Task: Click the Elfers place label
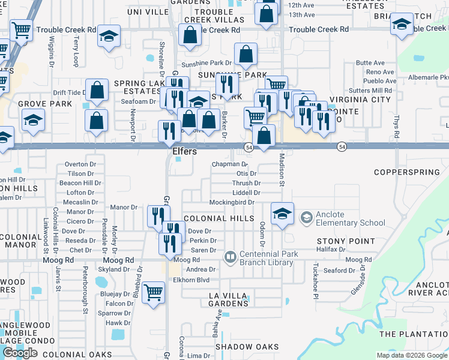(184, 152)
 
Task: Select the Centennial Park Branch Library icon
(230, 257)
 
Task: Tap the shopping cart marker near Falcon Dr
(154, 292)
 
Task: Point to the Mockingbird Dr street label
(231, 203)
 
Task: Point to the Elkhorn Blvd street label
(190, 279)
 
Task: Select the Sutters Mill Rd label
(374, 90)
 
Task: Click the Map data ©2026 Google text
(411, 355)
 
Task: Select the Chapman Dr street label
(229, 164)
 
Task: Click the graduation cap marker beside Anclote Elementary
(282, 214)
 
